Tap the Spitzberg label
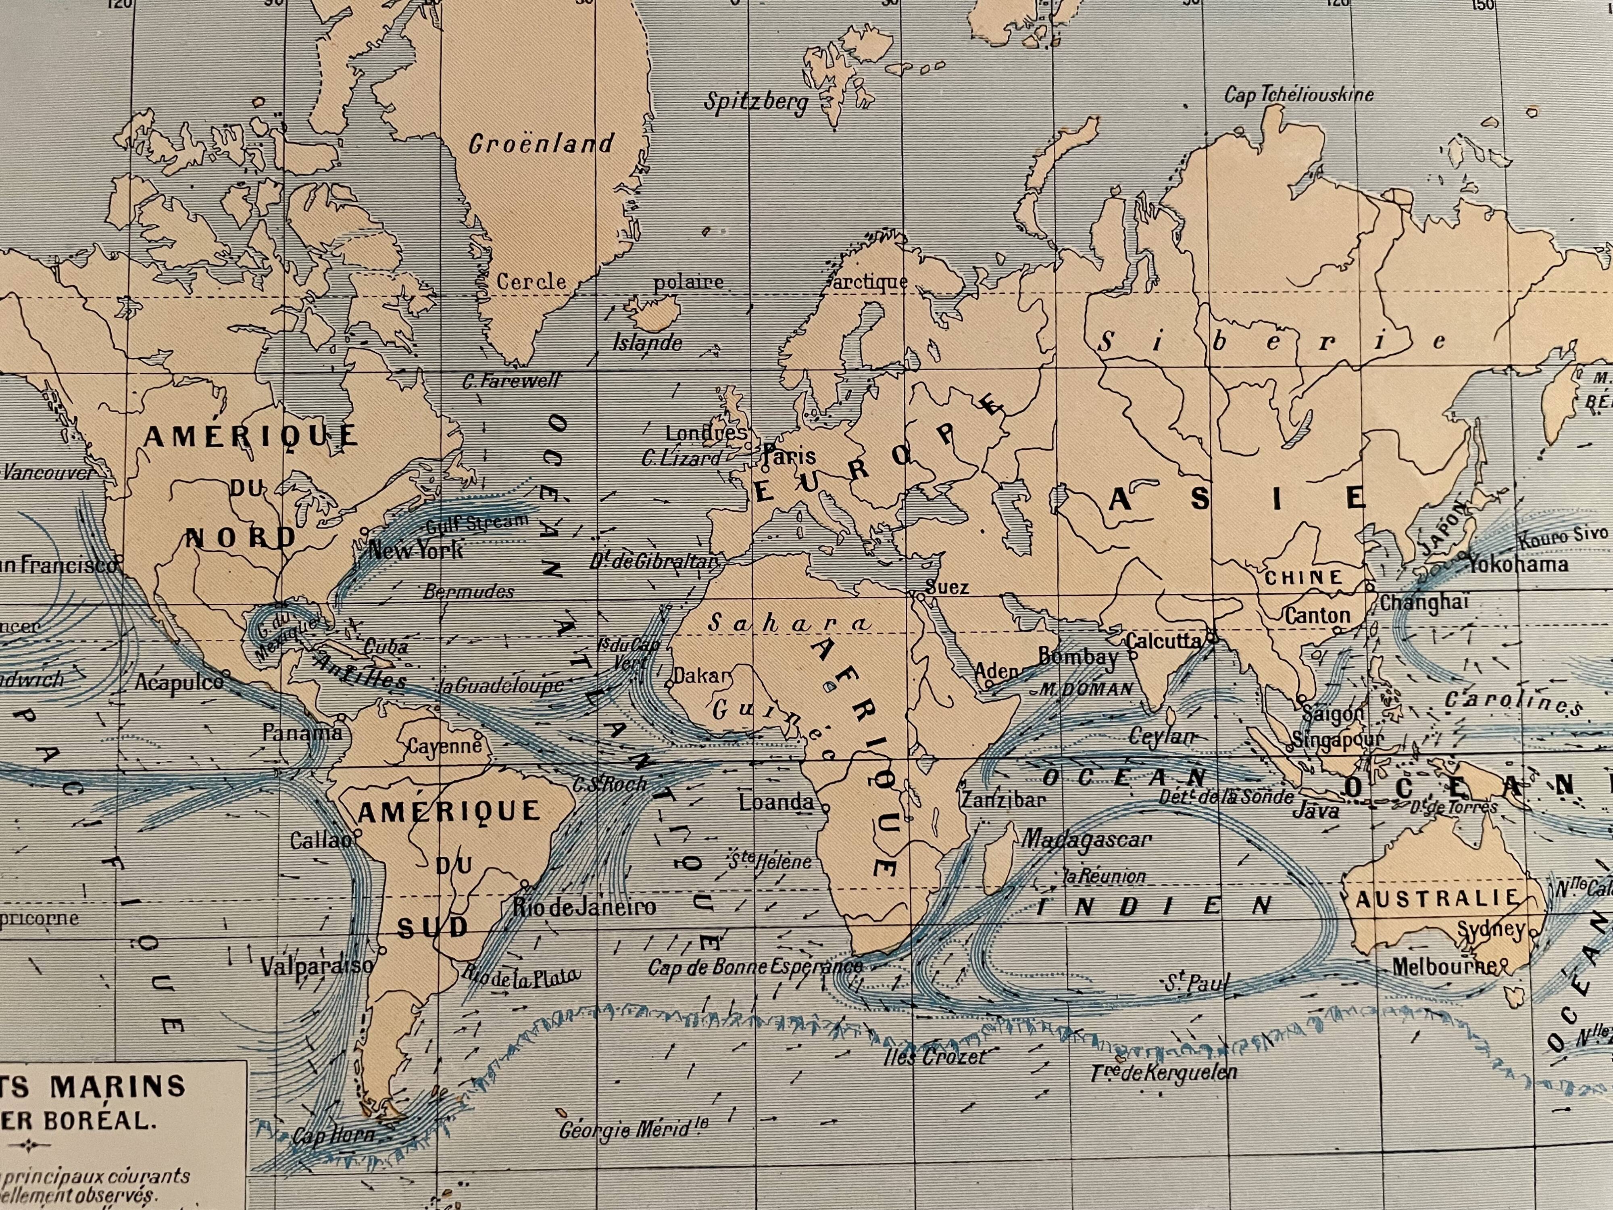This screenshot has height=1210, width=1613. [756, 102]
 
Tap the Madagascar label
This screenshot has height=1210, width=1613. [1086, 839]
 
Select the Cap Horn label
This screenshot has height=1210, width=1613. [334, 1136]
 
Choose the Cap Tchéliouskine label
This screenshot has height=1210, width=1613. [1299, 95]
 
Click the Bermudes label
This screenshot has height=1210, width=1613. [468, 592]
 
